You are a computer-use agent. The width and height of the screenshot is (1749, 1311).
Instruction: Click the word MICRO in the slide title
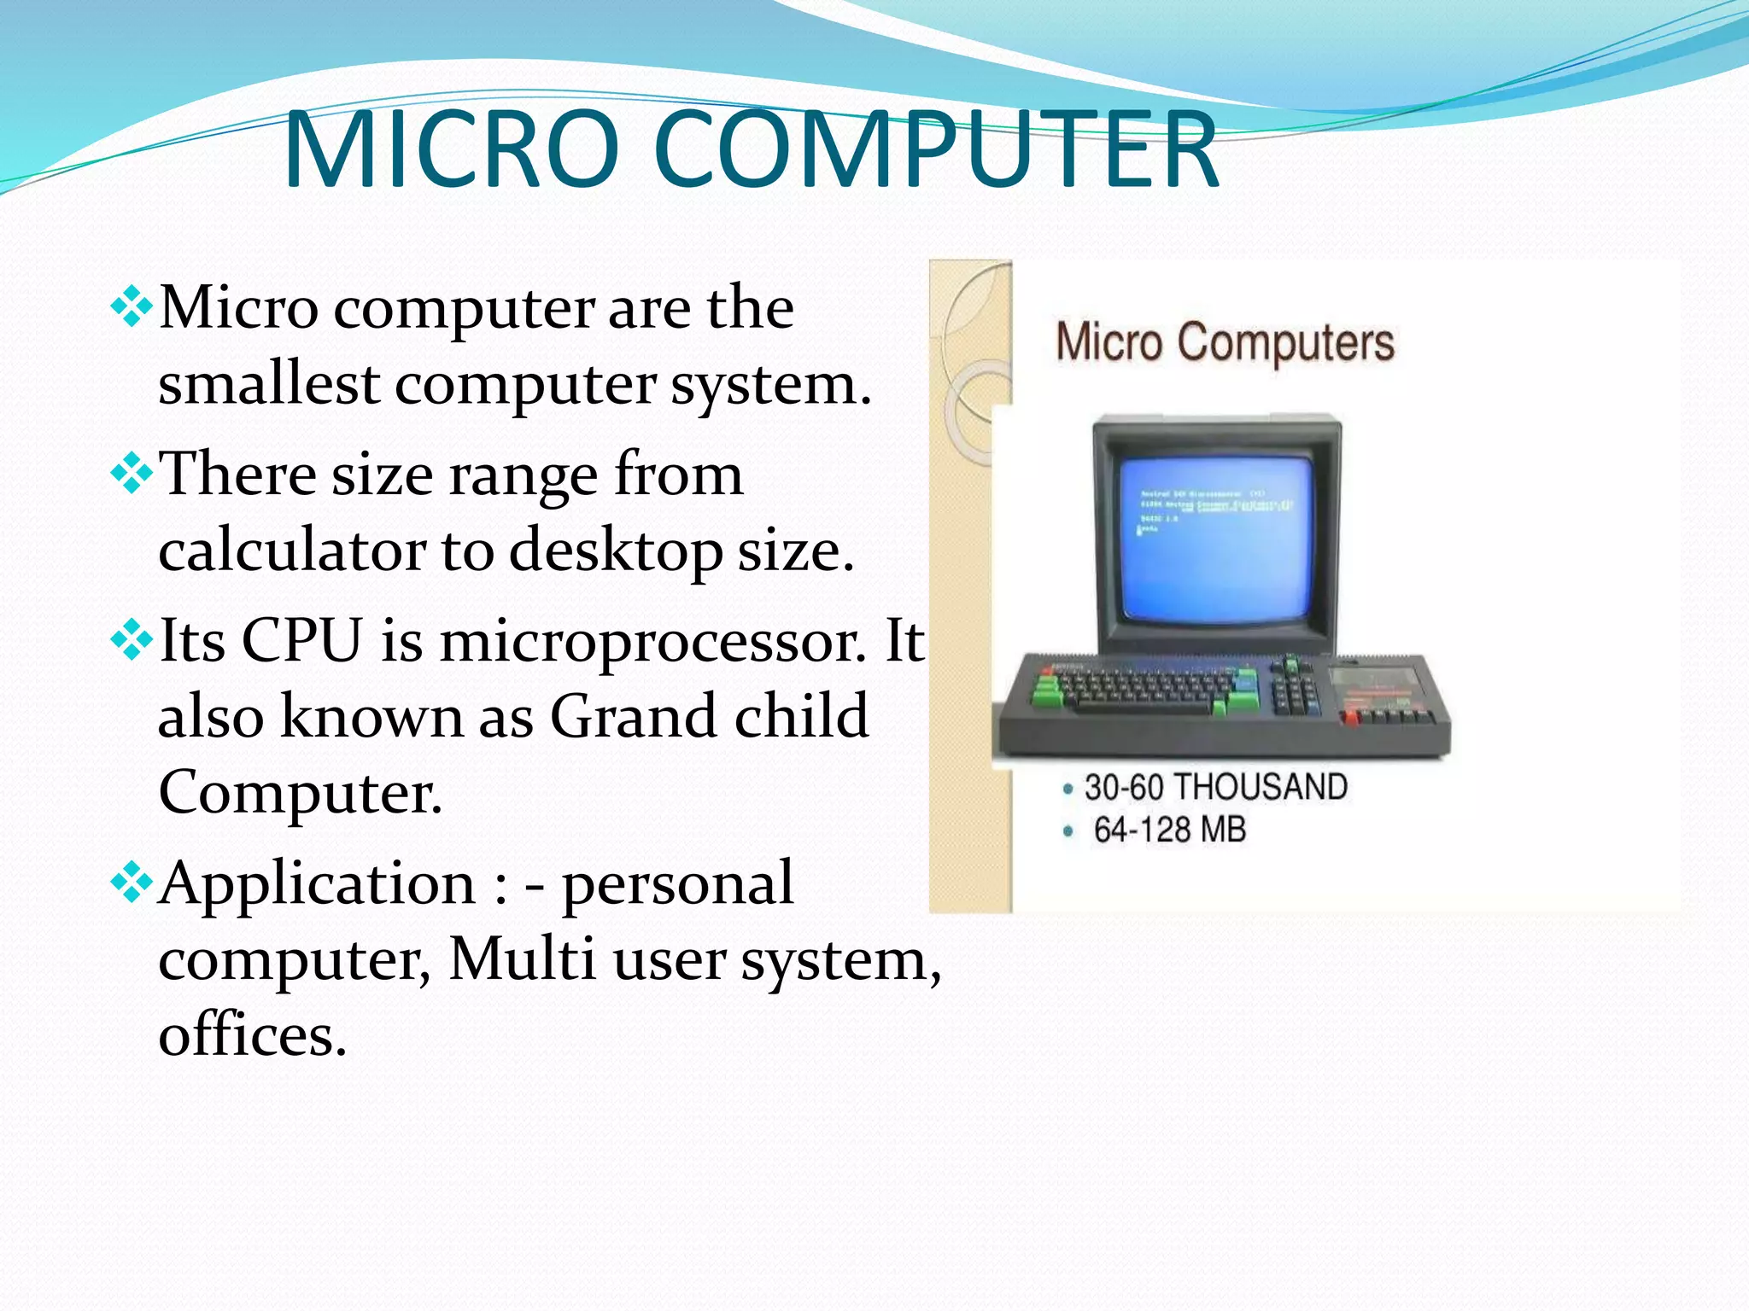coord(451,149)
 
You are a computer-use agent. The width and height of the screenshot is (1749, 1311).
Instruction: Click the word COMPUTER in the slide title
coord(936,149)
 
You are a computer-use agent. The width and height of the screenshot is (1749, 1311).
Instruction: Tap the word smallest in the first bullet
coord(269,384)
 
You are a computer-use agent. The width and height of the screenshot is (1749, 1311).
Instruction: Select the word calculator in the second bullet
coord(291,551)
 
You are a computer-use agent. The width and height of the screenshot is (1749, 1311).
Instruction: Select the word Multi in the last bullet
coord(522,959)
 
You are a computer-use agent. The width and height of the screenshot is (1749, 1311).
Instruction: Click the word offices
coord(253,1035)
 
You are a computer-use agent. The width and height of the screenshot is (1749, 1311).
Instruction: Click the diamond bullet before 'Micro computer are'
coord(132,307)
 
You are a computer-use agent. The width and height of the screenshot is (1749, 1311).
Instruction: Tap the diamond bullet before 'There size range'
coord(132,474)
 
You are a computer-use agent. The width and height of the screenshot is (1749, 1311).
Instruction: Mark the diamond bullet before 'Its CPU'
coord(132,640)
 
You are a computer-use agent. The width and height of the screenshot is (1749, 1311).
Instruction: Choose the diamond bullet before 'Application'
coord(132,883)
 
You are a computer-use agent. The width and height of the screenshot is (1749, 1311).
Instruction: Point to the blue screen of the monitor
coord(1216,538)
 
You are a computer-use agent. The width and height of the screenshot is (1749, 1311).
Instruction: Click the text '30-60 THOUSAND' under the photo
coord(1215,787)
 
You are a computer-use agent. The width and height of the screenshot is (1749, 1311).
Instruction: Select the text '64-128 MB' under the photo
coord(1169,830)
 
